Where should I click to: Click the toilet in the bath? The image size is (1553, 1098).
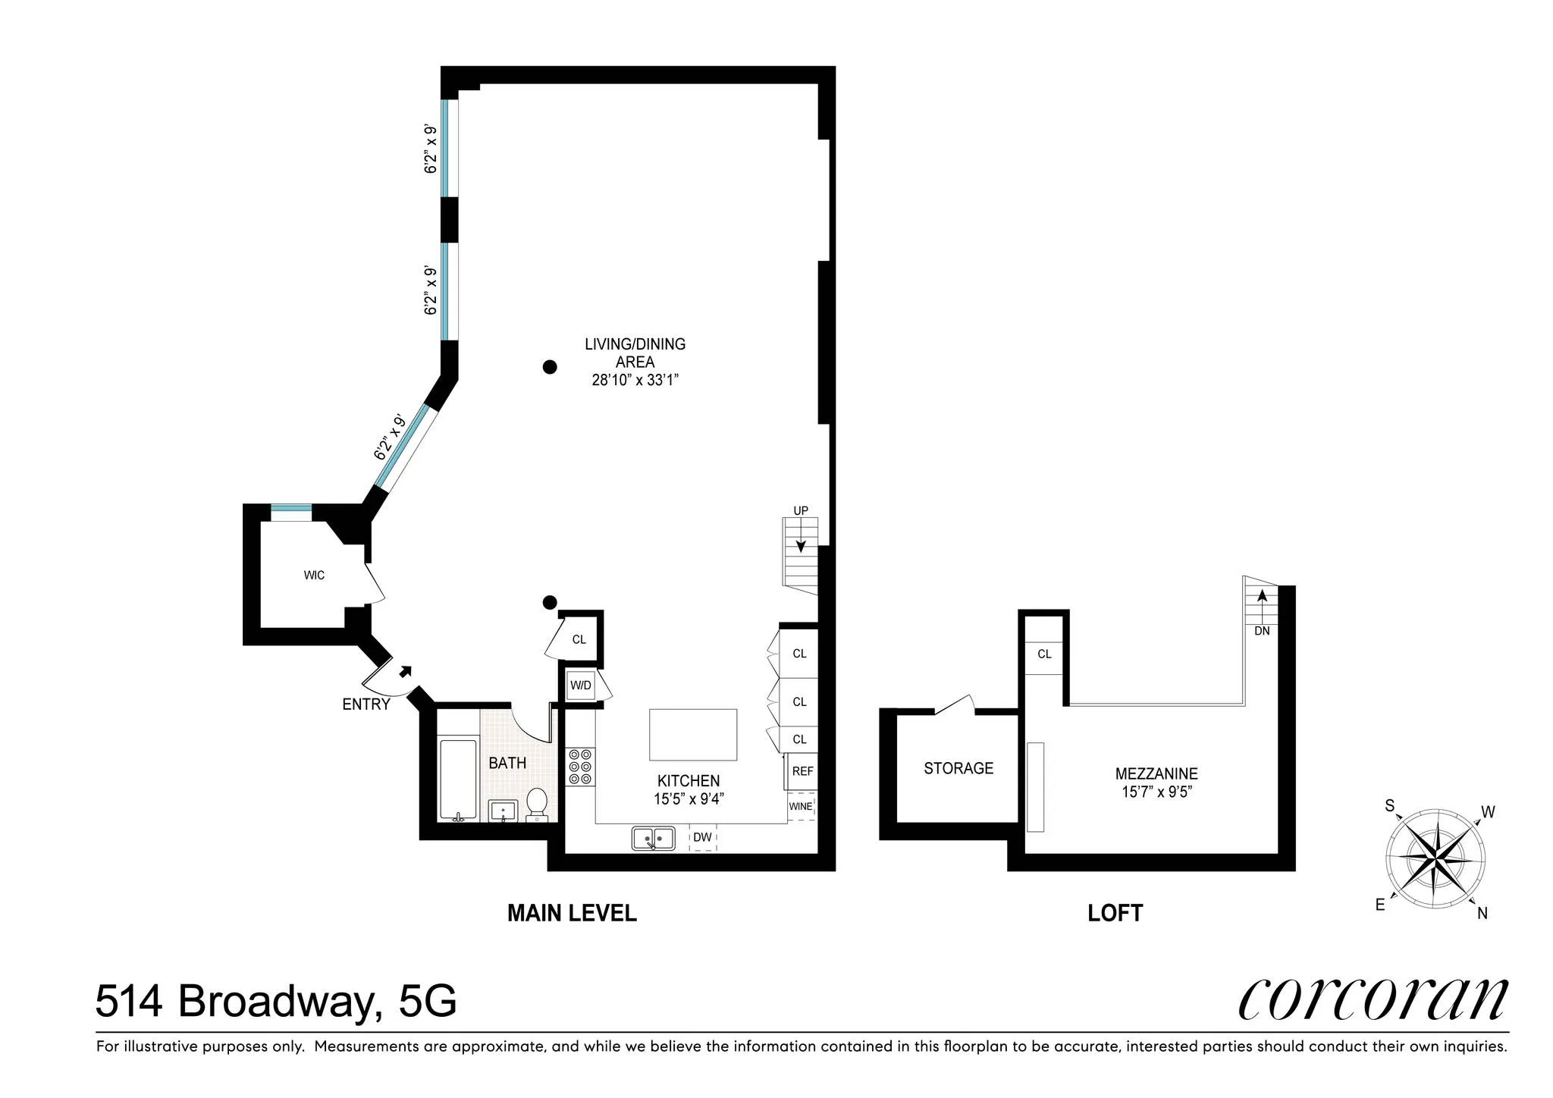tap(537, 803)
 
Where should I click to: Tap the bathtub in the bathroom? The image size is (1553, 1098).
tap(458, 780)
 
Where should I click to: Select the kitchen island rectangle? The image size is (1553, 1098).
tap(693, 734)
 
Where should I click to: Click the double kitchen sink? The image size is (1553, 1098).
tap(654, 838)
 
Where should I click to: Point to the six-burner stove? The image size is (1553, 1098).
tap(581, 767)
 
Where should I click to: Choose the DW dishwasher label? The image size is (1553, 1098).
tap(702, 837)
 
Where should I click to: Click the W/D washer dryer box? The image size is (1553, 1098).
tap(581, 685)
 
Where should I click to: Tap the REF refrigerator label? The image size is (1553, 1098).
tap(802, 771)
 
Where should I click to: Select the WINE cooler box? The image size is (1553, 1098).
tap(801, 806)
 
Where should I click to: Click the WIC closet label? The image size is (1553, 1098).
tap(314, 576)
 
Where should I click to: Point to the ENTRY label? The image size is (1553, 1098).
tap(366, 704)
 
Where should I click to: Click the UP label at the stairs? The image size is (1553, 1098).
tap(801, 510)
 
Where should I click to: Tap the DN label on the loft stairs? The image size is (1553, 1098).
tap(1262, 631)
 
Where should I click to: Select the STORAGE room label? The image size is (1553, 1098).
tap(958, 768)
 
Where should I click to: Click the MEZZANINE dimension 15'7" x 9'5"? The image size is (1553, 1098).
tap(1156, 792)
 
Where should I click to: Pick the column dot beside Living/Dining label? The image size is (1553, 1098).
tap(550, 367)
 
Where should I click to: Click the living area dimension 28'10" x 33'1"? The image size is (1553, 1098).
tap(635, 380)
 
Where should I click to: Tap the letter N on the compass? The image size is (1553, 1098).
tap(1482, 914)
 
